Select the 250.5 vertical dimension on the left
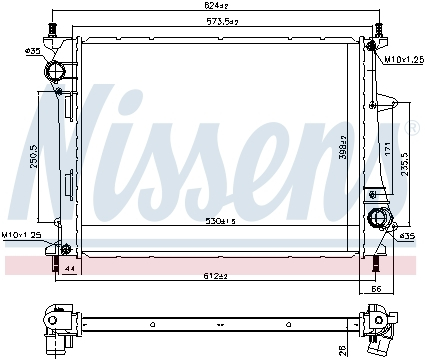coord(33,157)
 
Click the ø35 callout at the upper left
coord(33,50)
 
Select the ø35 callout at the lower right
coord(407,236)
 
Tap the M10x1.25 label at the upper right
coord(401,59)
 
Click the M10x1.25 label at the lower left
coord(20,235)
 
